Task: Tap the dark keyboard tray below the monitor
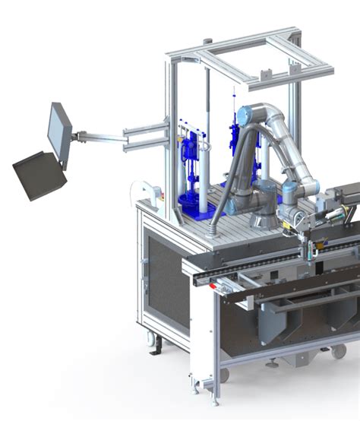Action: click(39, 174)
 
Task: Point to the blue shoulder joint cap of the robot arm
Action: click(244, 115)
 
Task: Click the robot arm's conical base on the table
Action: click(263, 217)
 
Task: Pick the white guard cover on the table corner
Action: click(140, 190)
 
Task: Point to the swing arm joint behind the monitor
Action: click(78, 137)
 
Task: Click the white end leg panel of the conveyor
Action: click(201, 334)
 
